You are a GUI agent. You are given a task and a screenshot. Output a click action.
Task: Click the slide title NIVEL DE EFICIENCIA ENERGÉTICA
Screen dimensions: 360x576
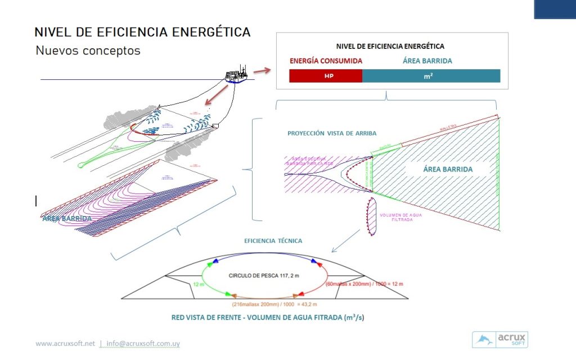tap(142, 31)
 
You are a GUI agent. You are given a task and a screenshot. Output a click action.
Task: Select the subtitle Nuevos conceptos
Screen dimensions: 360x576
tap(88, 51)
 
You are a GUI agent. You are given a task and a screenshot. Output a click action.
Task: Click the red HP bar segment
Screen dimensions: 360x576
tap(325, 76)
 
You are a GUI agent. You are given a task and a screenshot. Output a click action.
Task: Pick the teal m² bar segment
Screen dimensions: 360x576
tap(430, 76)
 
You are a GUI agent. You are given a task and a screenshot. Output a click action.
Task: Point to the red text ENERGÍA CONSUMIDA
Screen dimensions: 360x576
tap(326, 61)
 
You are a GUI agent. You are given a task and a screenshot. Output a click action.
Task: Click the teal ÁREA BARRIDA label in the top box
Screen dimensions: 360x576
tap(427, 61)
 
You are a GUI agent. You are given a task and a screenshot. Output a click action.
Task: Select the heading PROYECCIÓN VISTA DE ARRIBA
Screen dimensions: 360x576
tap(332, 133)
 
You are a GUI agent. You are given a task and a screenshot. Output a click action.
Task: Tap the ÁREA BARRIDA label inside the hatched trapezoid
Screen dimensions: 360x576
tap(447, 169)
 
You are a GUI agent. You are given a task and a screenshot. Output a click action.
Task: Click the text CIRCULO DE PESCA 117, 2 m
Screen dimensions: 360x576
tap(260, 276)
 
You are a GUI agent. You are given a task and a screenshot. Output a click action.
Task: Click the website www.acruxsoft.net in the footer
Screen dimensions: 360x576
tap(65, 343)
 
